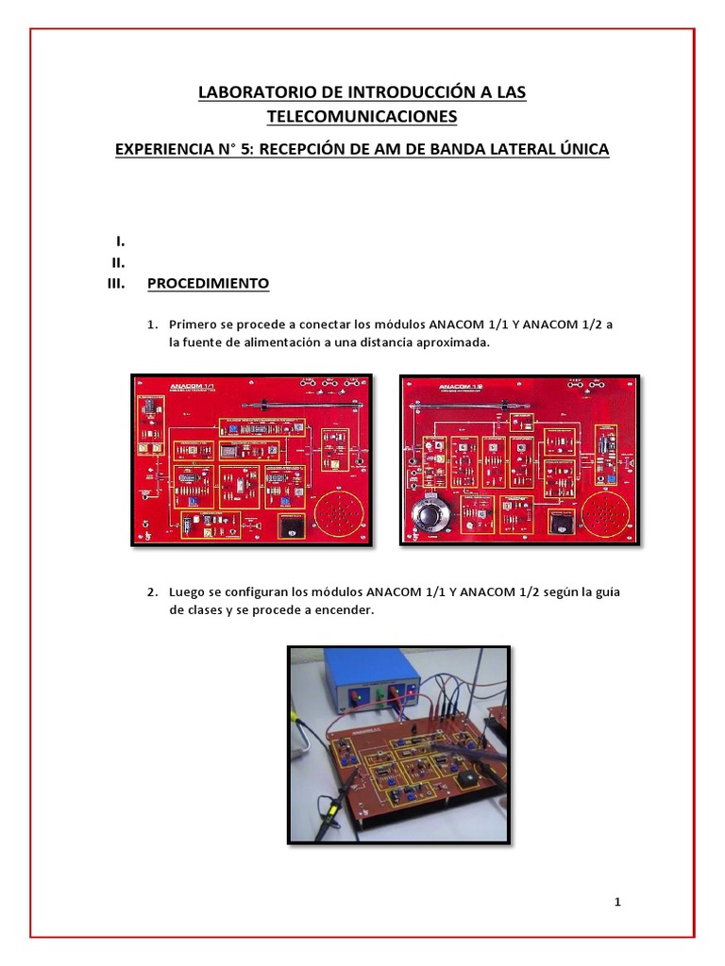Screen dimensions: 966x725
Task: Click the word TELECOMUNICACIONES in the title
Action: (362, 116)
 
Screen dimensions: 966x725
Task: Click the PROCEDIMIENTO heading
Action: (208, 283)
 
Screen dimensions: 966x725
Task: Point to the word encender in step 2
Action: (347, 610)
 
